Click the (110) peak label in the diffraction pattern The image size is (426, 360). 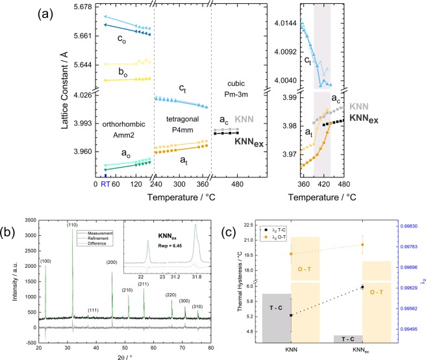[x=71, y=224]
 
